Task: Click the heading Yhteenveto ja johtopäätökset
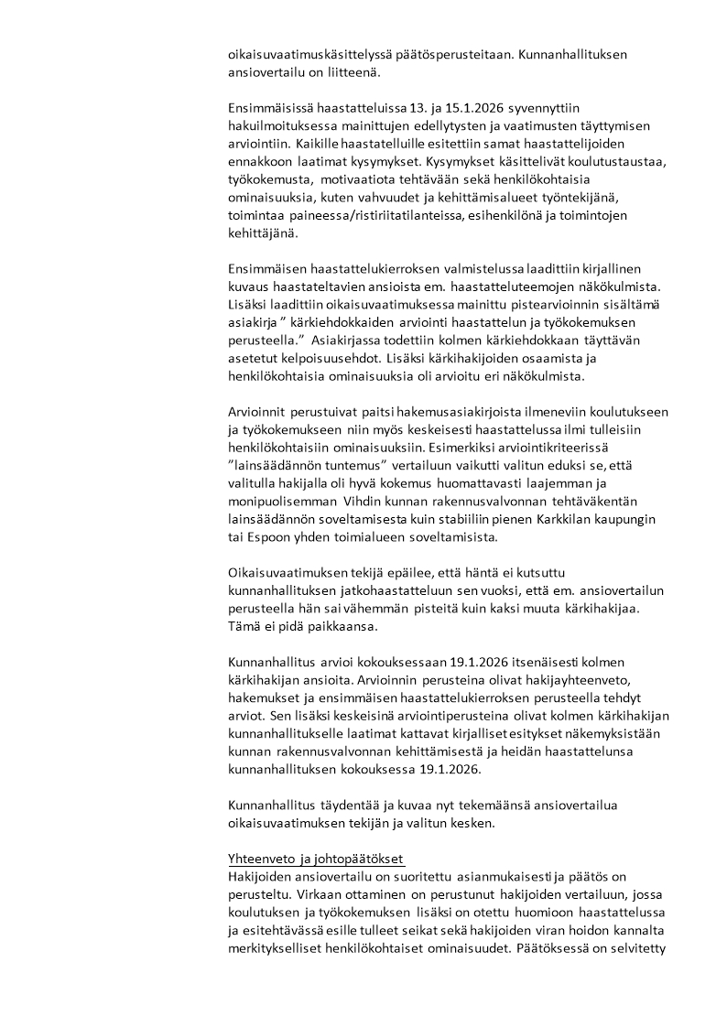[317, 859]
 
